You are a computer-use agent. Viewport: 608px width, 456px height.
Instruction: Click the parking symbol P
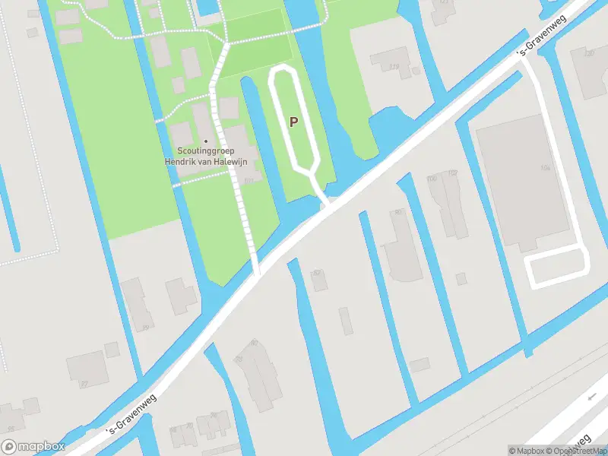(x=293, y=122)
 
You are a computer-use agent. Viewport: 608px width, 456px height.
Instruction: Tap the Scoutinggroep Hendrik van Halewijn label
(x=205, y=157)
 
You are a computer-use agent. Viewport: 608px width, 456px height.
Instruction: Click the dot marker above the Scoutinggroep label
(x=205, y=141)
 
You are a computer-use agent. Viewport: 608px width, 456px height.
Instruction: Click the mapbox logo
(x=33, y=447)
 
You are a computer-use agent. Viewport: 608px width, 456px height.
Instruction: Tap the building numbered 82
(x=319, y=279)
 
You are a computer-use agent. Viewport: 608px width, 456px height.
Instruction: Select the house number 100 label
(x=432, y=179)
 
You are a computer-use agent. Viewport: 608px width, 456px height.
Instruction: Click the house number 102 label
(x=453, y=173)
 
